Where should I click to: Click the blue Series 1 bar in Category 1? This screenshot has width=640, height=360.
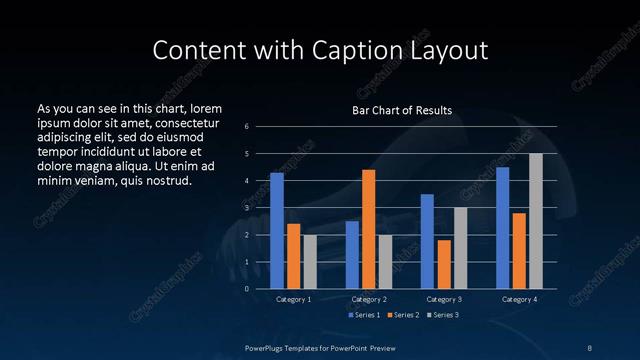point(277,231)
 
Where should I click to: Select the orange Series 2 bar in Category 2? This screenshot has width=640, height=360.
point(369,229)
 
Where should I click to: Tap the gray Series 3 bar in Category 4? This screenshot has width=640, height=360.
point(536,221)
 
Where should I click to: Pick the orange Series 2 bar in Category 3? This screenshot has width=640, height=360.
point(444,264)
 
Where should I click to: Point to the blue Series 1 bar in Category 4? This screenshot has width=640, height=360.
point(503,228)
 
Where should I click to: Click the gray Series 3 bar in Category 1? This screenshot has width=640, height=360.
point(310,262)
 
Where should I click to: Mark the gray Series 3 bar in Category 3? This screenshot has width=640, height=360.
point(460,248)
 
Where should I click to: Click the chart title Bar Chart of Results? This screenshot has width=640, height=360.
point(402,110)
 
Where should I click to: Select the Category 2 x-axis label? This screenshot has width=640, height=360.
point(369,299)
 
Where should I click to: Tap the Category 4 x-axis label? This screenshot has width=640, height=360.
point(519,299)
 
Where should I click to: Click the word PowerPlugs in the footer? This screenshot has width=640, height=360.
point(269,346)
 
